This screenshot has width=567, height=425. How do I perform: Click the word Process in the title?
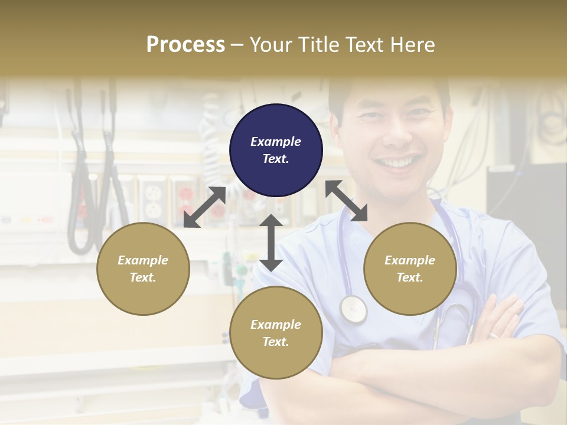click(185, 45)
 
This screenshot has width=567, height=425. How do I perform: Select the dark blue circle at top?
click(276, 151)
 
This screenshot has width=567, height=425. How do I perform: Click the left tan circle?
click(143, 269)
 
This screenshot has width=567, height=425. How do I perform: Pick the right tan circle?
click(410, 269)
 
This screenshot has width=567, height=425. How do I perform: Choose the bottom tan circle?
click(276, 333)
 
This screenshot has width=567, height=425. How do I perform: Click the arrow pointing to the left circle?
click(204, 207)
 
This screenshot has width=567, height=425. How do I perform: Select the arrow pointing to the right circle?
click(347, 201)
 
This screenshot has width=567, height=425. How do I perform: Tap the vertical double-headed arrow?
click(271, 243)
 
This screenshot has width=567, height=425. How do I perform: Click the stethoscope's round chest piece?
click(353, 309)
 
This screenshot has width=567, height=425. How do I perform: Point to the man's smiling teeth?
click(399, 162)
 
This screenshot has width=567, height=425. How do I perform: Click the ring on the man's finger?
click(494, 335)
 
